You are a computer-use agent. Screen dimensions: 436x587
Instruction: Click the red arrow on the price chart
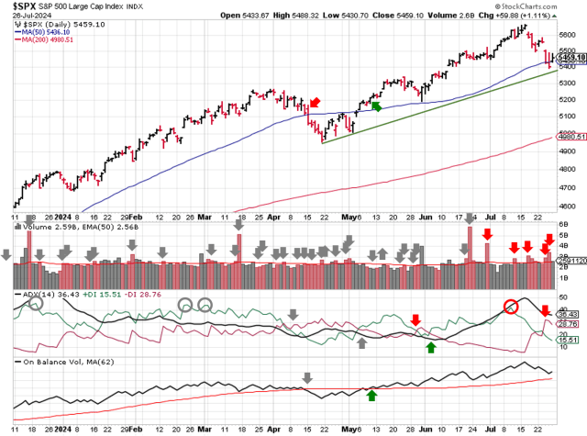[x=315, y=102]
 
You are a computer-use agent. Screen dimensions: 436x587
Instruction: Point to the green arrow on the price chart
[x=374, y=106]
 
